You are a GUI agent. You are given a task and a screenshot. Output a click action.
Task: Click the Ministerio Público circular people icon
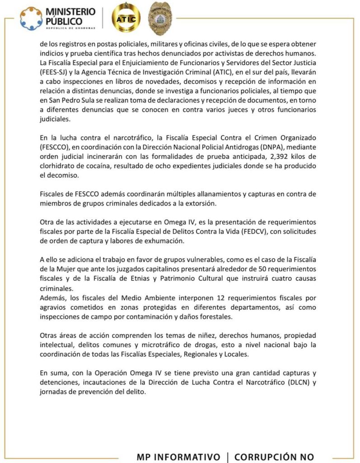point(30,18)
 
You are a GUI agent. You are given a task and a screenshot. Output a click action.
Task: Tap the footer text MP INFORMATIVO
point(178,456)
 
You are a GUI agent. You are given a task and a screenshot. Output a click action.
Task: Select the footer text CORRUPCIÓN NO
point(274,456)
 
